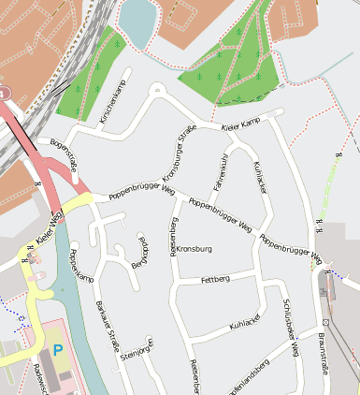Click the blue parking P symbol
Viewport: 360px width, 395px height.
[58, 350]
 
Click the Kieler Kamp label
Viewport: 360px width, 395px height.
[239, 126]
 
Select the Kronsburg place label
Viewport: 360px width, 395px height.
[194, 249]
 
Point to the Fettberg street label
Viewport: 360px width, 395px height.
[215, 280]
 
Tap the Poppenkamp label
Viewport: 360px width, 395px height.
[82, 266]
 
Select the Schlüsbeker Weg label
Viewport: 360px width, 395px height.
[290, 328]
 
